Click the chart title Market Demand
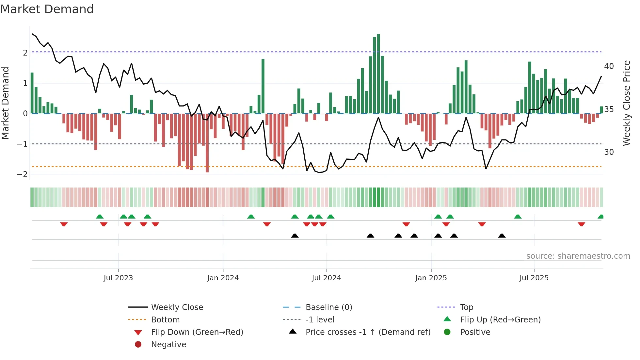[47, 9]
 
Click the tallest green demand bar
[378, 74]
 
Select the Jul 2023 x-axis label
[118, 278]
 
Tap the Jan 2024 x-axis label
[223, 278]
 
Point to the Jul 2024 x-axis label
[326, 278]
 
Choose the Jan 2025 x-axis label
[431, 278]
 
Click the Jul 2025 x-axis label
[534, 278]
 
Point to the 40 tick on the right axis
[609, 66]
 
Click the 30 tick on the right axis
[609, 152]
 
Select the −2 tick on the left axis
[22, 174]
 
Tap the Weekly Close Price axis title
[626, 103]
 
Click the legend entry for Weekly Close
[177, 307]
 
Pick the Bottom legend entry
[165, 320]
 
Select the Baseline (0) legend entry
[328, 307]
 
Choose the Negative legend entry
[168, 345]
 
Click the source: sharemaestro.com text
[578, 256]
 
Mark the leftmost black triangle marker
[295, 236]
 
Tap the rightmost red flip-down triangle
[581, 224]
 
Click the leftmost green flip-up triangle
[100, 217]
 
